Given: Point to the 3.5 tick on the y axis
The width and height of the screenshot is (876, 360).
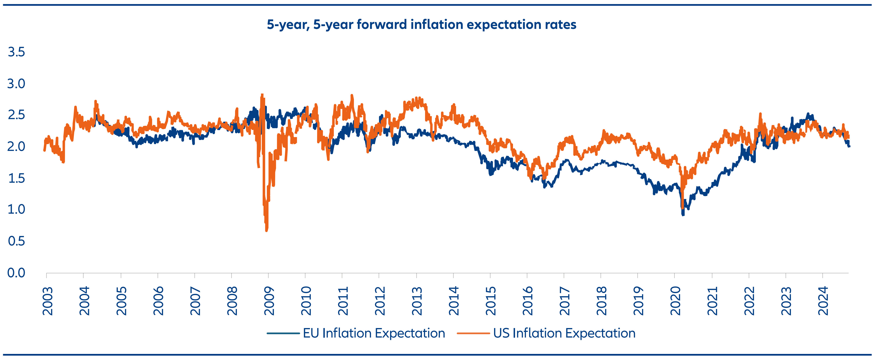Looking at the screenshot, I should point(16,52).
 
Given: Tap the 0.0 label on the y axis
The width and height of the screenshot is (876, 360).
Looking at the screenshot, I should point(16,273).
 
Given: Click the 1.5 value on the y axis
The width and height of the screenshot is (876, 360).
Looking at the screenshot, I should point(16,178).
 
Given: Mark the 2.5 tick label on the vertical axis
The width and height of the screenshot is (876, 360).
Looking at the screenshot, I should point(16,115).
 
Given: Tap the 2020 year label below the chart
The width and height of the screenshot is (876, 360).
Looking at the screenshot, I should point(675,301).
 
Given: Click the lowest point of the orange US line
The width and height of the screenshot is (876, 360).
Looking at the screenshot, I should point(266,231).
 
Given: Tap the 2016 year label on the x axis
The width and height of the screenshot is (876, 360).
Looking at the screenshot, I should point(528,301).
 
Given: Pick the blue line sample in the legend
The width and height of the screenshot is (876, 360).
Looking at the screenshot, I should point(283,333).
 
